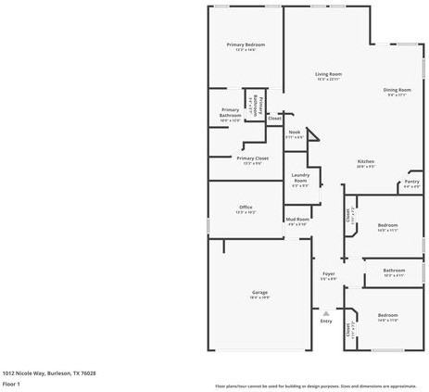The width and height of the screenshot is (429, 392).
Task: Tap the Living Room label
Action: [328, 74]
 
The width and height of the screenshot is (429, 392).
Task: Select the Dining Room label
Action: [397, 90]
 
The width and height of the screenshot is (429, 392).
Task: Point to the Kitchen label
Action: [365, 161]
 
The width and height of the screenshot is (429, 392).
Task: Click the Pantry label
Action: [411, 182]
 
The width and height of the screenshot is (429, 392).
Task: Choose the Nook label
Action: [295, 133]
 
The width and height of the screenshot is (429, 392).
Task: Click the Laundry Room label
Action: [300, 178]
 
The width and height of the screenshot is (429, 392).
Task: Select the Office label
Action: [246, 207]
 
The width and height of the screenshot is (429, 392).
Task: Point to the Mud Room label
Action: [297, 219]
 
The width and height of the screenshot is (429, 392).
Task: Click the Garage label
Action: [259, 292]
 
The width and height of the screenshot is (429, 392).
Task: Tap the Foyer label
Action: [328, 273]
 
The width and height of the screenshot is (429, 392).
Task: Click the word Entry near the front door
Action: [326, 321]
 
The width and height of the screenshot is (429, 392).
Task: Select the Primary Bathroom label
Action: [230, 113]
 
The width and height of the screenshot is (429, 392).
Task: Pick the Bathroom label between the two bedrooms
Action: [394, 271]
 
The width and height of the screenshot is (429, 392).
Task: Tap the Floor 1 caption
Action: [12, 383]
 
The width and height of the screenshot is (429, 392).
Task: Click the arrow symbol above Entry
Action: [326, 310]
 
